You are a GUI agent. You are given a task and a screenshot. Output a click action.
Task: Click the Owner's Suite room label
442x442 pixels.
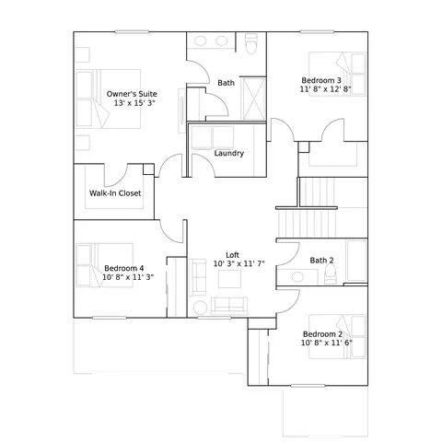coord(132,94)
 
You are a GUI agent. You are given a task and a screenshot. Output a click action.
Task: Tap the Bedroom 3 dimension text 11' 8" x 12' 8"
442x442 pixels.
coord(325,89)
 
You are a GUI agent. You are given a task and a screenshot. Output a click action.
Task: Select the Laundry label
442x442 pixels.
coord(229,153)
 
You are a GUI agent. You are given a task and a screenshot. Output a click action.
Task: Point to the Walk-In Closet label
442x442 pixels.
coord(115,193)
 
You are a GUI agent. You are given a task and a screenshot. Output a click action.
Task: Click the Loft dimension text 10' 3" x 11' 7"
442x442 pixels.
coord(239,263)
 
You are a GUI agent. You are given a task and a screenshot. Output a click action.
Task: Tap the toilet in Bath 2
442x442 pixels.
coord(331,273)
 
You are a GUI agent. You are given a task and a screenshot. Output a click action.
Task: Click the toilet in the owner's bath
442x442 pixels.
coord(251,43)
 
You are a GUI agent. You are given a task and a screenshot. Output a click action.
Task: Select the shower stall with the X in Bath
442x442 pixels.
coord(254,99)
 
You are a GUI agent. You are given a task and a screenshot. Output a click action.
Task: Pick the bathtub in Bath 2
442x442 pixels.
coord(356,261)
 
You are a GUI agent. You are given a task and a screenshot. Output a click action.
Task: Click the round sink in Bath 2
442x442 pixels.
coord(297,277)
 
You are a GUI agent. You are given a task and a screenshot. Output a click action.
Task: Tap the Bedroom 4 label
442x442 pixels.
coord(124,268)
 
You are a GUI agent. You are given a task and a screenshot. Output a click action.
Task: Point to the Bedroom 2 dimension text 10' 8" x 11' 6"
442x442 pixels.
coord(327,343)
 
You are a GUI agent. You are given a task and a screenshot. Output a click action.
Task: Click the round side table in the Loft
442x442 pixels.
coord(200,308)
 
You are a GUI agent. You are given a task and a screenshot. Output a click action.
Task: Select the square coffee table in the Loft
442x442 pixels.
coord(229,279)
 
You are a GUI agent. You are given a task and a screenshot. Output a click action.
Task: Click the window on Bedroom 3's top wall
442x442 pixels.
coord(317,31)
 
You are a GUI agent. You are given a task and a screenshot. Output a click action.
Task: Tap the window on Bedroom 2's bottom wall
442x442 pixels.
coord(308,386)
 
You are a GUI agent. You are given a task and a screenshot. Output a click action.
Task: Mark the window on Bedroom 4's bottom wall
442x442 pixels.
coord(110,318)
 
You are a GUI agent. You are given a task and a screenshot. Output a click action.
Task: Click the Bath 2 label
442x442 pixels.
coord(321,261)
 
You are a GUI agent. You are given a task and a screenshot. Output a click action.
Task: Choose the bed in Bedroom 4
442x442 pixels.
coord(104,265)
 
